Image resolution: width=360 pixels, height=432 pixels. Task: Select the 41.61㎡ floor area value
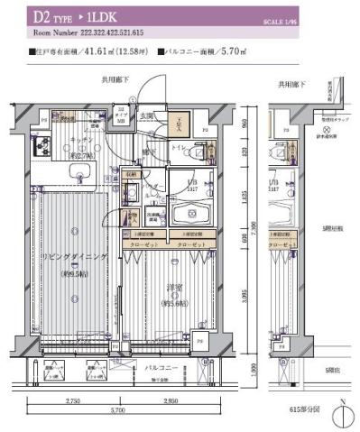pos(93,52)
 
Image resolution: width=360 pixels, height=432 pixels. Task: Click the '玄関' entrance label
pos(147,115)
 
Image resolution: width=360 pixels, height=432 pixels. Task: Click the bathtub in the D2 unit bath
pos(191,215)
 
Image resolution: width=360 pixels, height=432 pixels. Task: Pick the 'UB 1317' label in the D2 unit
pos(191,187)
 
